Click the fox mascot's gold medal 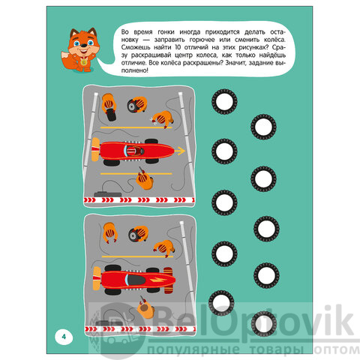click(84, 61)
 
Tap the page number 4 click(64, 337)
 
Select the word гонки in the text click(166, 32)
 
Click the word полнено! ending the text click(135, 70)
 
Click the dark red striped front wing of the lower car click(168, 280)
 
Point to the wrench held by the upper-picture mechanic click(154, 120)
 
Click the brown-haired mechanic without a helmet click(145, 309)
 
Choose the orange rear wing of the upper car click(95, 149)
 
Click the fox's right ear click(92, 32)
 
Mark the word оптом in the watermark click(337, 349)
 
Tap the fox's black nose click(84, 45)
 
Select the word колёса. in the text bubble click(274, 40)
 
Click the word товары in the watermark click(277, 349)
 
